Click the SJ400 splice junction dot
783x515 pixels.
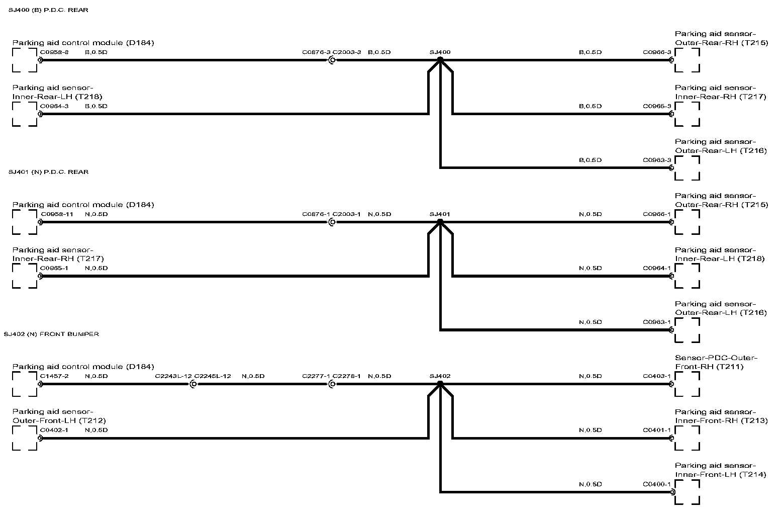click(440, 60)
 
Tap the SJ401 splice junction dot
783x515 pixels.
click(440, 222)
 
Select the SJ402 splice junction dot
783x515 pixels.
click(440, 384)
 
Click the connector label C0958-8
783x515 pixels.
click(54, 52)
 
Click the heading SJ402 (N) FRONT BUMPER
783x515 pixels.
click(51, 334)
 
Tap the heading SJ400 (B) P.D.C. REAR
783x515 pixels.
click(48, 10)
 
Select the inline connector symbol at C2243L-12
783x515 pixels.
click(194, 384)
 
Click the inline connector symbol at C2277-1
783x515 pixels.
click(332, 384)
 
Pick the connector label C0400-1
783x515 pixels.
click(657, 484)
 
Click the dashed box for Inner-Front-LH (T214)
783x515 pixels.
click(687, 492)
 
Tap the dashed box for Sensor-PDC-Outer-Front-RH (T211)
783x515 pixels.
click(687, 384)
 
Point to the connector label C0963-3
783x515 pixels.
click(657, 160)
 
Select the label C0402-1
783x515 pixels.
click(54, 430)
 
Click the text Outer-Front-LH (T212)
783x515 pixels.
click(59, 420)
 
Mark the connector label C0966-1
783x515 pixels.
click(657, 214)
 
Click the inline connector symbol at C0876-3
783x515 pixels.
click(332, 60)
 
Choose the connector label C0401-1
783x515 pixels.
click(657, 430)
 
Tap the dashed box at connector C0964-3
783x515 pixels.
click(25, 114)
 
